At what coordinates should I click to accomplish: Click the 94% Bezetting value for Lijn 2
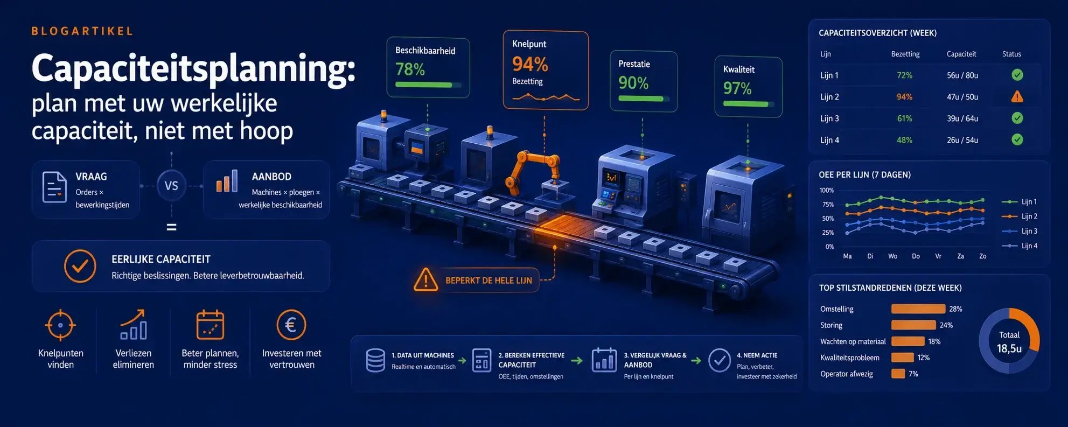click(x=904, y=97)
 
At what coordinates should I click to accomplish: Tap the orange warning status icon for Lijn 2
click(x=1017, y=97)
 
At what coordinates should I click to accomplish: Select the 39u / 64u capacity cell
click(x=962, y=118)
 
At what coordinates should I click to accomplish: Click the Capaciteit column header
click(x=961, y=54)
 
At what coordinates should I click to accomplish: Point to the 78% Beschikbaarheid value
click(x=410, y=69)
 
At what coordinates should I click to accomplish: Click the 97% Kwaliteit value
click(x=737, y=88)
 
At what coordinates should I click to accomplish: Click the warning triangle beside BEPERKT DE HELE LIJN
click(x=425, y=279)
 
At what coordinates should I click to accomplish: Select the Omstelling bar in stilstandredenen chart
click(x=918, y=309)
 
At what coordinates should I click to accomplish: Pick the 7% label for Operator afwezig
click(x=913, y=374)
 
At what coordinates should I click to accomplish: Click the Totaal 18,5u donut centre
click(x=1009, y=342)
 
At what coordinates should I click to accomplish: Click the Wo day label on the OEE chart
click(x=892, y=256)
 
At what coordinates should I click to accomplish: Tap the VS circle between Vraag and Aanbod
click(x=171, y=186)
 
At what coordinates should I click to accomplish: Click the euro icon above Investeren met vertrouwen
click(x=291, y=325)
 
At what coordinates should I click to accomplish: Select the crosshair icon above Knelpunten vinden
click(x=60, y=325)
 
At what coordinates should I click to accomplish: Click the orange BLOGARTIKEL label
click(x=82, y=31)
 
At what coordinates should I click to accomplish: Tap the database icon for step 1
click(x=375, y=360)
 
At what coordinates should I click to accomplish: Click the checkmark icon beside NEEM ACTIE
click(x=720, y=360)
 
